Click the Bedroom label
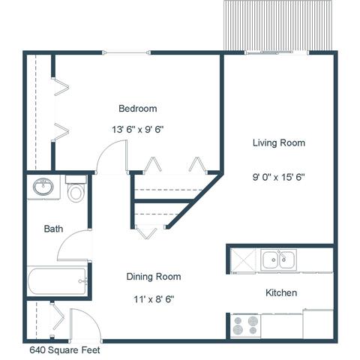[x=138, y=109]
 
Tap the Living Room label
[x=279, y=142]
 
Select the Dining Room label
[x=154, y=277]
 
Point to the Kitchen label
[x=281, y=292]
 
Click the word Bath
[x=53, y=229]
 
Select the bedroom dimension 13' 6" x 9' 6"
[x=138, y=130]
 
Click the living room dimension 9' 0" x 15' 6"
[x=279, y=177]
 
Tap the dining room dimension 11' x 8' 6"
[x=154, y=299]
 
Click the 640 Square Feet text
[x=64, y=350]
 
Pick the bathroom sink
[x=43, y=187]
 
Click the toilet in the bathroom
[x=76, y=189]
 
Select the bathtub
[x=57, y=281]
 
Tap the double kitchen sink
[x=278, y=259]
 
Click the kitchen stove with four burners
[x=245, y=325]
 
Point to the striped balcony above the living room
[x=277, y=25]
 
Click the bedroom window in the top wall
[x=127, y=52]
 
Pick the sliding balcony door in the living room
[x=277, y=52]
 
